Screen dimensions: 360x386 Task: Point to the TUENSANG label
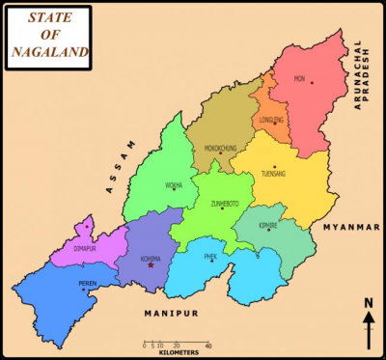tap(273, 174)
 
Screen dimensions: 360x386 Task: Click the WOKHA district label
tap(174, 184)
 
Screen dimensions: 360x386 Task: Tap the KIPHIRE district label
tap(268, 225)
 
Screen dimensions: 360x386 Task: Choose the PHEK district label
tap(210, 256)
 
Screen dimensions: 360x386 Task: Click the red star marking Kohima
tap(151, 264)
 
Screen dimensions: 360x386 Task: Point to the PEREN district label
tap(88, 283)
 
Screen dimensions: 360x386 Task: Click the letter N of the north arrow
tap(369, 304)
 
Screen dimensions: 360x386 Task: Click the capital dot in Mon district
tap(312, 82)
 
